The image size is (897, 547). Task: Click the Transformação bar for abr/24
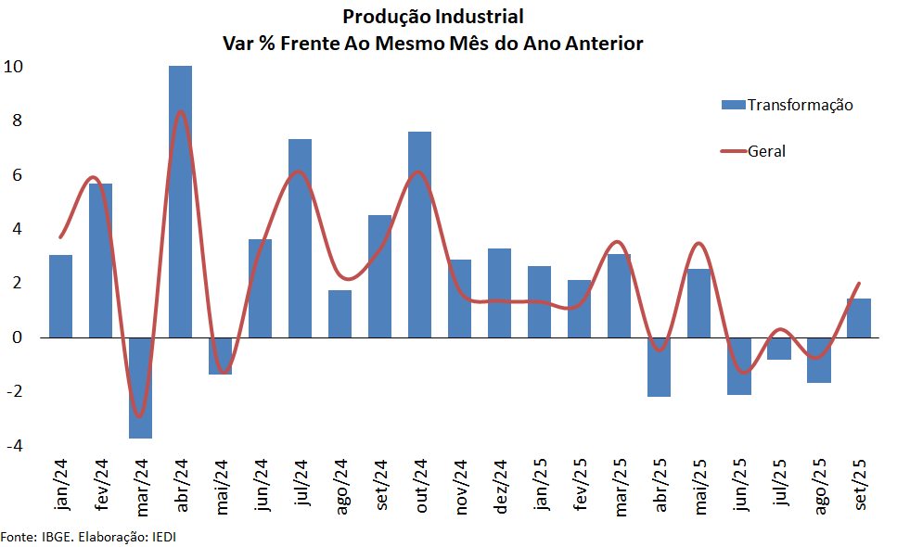(180, 201)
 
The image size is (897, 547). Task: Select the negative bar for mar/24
(140, 388)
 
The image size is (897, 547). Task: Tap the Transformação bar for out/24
(419, 235)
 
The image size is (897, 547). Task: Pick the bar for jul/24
(300, 238)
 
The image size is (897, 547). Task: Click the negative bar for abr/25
(660, 366)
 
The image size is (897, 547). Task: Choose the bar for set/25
(859, 318)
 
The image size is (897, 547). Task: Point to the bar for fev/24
(100, 261)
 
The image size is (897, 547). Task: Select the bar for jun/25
(739, 365)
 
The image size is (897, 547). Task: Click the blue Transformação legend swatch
(733, 105)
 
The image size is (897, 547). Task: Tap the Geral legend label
(766, 151)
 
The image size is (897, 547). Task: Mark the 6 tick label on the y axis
(18, 175)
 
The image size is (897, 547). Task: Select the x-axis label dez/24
(500, 486)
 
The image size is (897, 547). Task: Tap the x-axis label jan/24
(62, 486)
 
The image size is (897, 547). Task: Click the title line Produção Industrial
(433, 17)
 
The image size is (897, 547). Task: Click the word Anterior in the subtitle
(602, 44)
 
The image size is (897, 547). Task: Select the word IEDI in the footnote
(161, 537)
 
